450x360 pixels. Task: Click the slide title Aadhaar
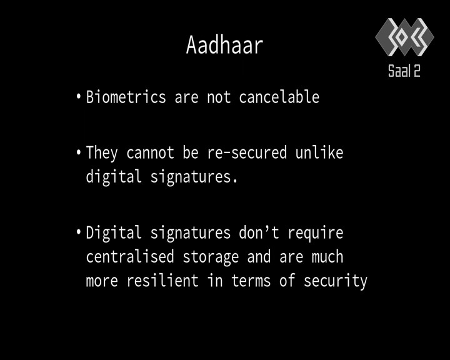pos(225,45)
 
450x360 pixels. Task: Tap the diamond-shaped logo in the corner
pos(404,37)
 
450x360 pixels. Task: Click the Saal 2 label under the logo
pos(404,71)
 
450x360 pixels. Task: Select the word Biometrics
pos(126,97)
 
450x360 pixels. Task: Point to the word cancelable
pos(279,97)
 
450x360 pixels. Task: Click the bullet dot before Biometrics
pos(79,96)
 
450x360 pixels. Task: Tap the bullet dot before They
pos(79,152)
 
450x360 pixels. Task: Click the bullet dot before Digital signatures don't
pos(79,232)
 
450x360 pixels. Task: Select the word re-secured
pos(247,152)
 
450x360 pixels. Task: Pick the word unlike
pos(319,152)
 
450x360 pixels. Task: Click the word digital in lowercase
pos(114,177)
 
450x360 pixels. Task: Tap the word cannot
pos(150,152)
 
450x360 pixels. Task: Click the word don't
pos(259,232)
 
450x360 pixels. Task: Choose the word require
pos(316,233)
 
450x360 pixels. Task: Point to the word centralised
pos(130,256)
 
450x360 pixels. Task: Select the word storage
pos(211,257)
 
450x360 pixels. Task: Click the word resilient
pos(162,280)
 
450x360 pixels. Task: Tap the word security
pos(336,281)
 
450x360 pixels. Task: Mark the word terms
pos(251,281)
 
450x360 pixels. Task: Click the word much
pos(327,256)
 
